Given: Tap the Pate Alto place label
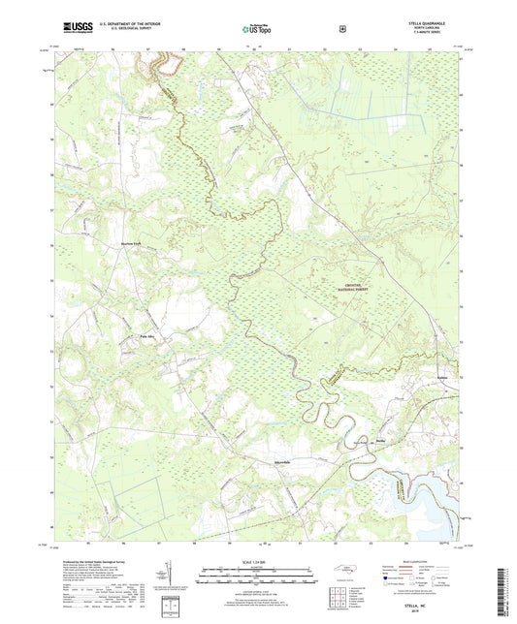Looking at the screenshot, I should pyautogui.click(x=139, y=337).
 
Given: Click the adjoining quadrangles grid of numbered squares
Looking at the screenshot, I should pyautogui.click(x=337, y=596).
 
